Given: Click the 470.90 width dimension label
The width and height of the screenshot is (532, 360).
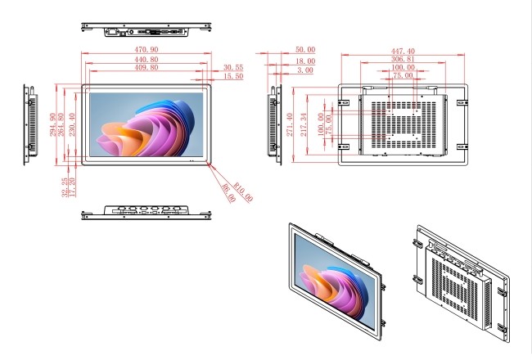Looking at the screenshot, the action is (147, 50).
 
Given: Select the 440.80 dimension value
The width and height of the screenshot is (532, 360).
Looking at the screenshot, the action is (147, 60).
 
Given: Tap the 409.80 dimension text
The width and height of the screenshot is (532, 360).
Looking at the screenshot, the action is (147, 67).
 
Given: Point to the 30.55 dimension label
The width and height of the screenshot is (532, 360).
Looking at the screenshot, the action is (233, 67).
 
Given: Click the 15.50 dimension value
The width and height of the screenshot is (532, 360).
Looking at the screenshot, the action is (233, 76).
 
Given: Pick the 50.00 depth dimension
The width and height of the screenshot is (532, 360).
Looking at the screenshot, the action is (305, 50).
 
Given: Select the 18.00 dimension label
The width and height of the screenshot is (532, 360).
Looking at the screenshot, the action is (305, 61).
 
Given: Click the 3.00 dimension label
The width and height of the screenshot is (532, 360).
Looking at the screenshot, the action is (305, 70).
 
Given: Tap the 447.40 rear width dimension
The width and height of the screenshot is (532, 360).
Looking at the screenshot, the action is (403, 51).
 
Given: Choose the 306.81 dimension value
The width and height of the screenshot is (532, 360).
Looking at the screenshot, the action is (403, 60).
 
